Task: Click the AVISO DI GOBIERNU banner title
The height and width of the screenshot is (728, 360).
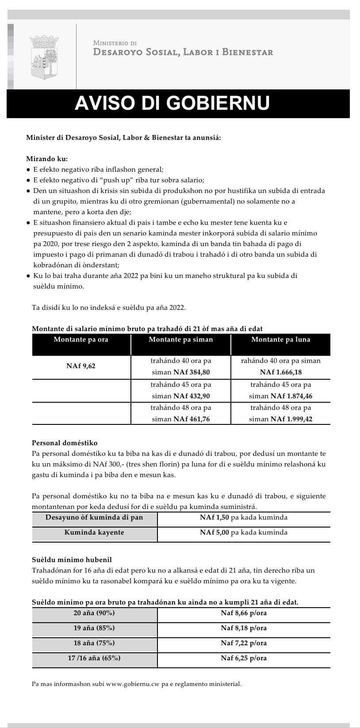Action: point(172,103)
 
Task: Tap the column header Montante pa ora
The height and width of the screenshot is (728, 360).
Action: point(81,340)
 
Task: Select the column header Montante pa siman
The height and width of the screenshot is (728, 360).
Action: point(180,340)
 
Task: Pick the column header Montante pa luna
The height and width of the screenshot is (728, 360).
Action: point(280,340)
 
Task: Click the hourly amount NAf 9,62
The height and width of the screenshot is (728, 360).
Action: point(81,366)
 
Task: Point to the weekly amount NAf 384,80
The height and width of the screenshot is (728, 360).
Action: point(191,372)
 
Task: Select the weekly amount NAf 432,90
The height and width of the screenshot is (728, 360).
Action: point(191,396)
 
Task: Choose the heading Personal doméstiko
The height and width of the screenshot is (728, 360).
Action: point(65,443)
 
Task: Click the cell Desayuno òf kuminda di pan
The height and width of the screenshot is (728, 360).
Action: point(94,518)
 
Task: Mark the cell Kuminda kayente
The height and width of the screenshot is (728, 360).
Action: point(94,532)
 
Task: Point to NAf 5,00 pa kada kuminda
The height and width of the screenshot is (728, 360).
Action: point(243,532)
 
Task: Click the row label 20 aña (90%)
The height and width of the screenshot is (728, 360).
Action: point(94,613)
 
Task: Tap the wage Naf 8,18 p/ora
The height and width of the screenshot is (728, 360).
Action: point(244,628)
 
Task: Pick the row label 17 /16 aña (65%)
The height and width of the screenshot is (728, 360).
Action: point(94,658)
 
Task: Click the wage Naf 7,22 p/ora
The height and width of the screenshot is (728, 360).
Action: point(244,643)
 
